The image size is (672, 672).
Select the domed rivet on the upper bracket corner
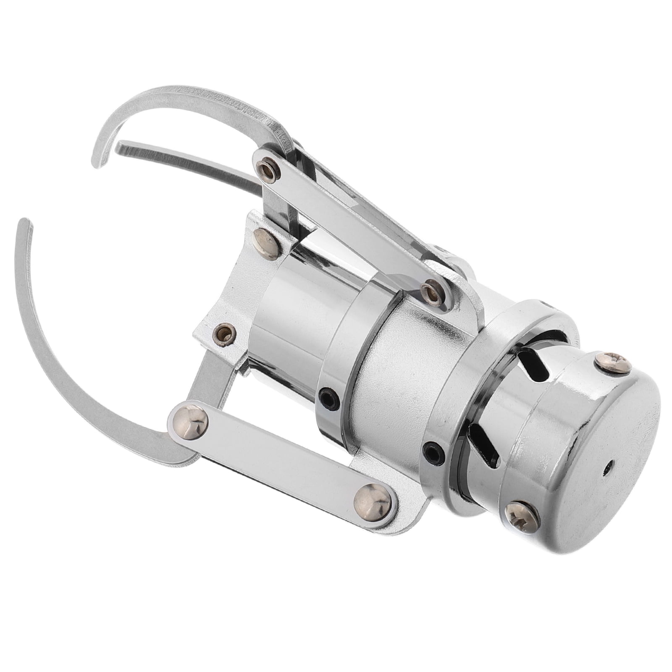266,239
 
